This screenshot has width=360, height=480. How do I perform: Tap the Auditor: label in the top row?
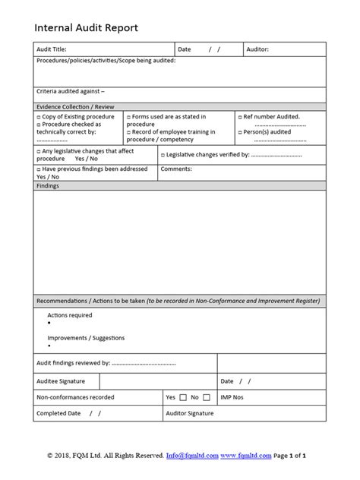258,49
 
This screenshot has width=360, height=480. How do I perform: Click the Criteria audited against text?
71,92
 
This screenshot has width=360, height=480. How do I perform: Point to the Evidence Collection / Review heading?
74,106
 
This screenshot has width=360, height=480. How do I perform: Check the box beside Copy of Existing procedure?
39,117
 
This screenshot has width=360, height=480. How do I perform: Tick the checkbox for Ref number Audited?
238,117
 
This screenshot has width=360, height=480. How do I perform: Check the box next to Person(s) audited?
238,131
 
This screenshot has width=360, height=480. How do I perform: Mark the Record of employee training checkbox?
129,131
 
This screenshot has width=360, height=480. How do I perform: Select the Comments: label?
176,169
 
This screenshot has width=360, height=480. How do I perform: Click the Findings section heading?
48,185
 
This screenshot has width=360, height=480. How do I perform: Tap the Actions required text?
70,314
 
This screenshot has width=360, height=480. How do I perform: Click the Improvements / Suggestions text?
86,337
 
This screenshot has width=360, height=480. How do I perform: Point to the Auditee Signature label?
61,381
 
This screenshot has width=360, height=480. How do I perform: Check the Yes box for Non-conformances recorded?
183,397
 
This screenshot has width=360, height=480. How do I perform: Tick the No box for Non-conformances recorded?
207,397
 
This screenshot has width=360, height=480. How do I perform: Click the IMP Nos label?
232,397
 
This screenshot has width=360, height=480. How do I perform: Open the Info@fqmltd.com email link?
192,456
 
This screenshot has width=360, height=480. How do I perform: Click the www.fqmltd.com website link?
246,456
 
